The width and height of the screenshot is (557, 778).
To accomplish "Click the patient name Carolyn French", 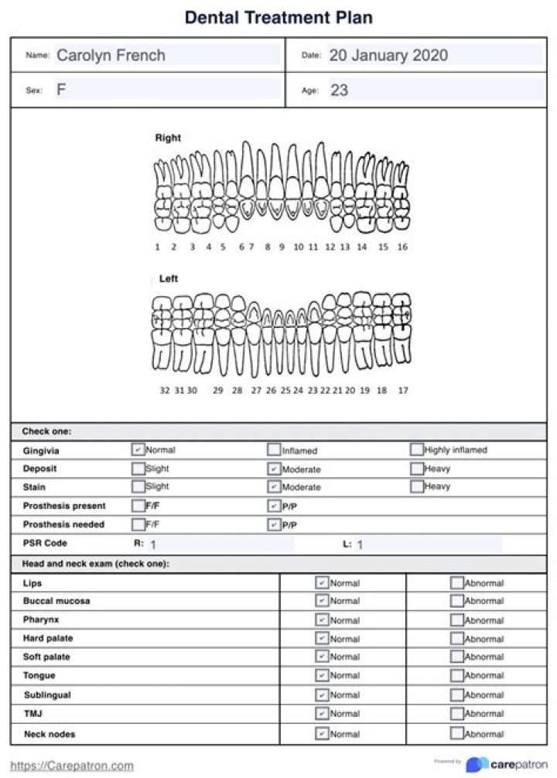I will (x=111, y=56).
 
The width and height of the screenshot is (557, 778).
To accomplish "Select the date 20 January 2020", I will (x=388, y=56).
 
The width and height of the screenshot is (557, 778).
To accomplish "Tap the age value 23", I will (x=339, y=90).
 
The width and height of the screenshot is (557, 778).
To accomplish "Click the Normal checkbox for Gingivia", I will (x=138, y=449).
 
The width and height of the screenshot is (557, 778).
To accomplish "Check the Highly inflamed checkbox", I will (x=417, y=449).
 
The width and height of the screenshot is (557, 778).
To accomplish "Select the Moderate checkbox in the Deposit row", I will (x=274, y=469).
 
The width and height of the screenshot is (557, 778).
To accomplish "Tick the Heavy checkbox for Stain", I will (x=417, y=486).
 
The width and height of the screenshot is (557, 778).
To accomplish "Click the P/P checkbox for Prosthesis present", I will (x=274, y=506).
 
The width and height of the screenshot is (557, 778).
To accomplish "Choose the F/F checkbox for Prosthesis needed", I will (x=138, y=524).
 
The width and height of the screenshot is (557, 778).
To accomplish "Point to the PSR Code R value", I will (x=153, y=544).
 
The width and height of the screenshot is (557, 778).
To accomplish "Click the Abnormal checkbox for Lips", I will (x=457, y=583).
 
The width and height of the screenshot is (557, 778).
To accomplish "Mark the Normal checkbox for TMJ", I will (x=322, y=714).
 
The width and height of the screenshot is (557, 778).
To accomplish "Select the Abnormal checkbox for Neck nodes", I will (x=457, y=733).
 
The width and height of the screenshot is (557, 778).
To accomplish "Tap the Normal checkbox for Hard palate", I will (x=322, y=639).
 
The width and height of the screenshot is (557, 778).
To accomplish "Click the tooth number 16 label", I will (x=402, y=247).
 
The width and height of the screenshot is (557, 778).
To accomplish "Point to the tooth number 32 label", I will (x=165, y=391).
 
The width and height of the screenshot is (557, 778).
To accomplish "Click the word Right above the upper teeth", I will (x=168, y=138).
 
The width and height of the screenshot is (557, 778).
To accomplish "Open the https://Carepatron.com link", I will (x=72, y=766).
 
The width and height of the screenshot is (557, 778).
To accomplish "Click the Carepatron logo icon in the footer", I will (x=477, y=764).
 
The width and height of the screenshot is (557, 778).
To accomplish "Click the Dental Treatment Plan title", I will (x=278, y=17).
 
